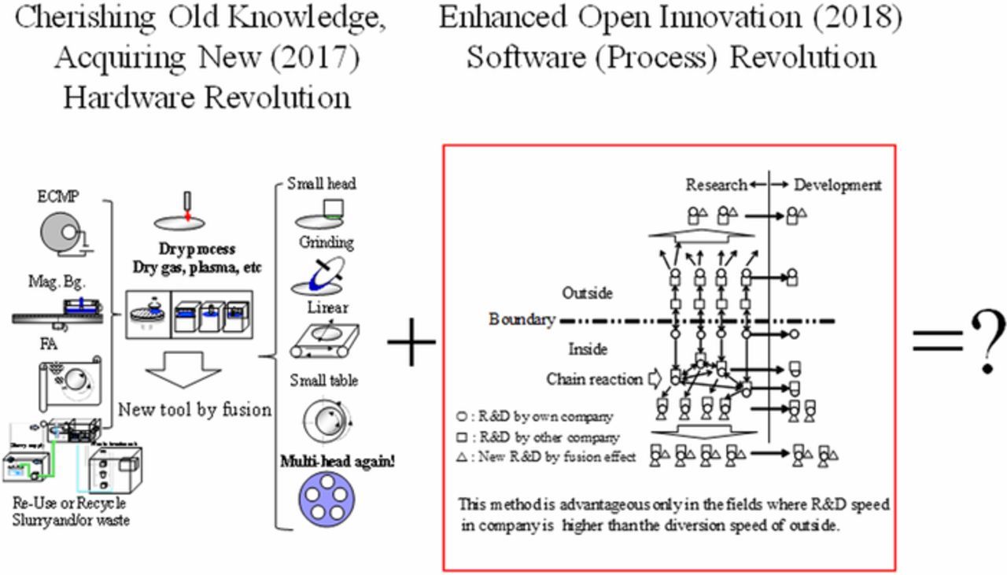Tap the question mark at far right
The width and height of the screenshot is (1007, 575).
tap(986, 340)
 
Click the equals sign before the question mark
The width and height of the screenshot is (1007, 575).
tap(936, 341)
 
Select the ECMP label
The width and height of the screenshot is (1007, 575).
tap(58, 197)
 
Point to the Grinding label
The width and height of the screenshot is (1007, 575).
tap(326, 242)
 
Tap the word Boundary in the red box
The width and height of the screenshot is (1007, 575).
tap(522, 319)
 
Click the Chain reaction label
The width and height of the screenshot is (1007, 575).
tap(594, 379)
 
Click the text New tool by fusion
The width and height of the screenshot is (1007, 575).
tap(194, 409)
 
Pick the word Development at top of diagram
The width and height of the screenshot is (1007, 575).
tap(838, 185)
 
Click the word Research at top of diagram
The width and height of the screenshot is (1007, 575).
tap(716, 185)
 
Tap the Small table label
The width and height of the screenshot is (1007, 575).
tap(323, 380)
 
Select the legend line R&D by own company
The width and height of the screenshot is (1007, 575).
tap(534, 417)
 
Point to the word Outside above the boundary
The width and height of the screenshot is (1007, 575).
tap(587, 293)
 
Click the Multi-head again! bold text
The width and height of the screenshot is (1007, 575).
tap(338, 461)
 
